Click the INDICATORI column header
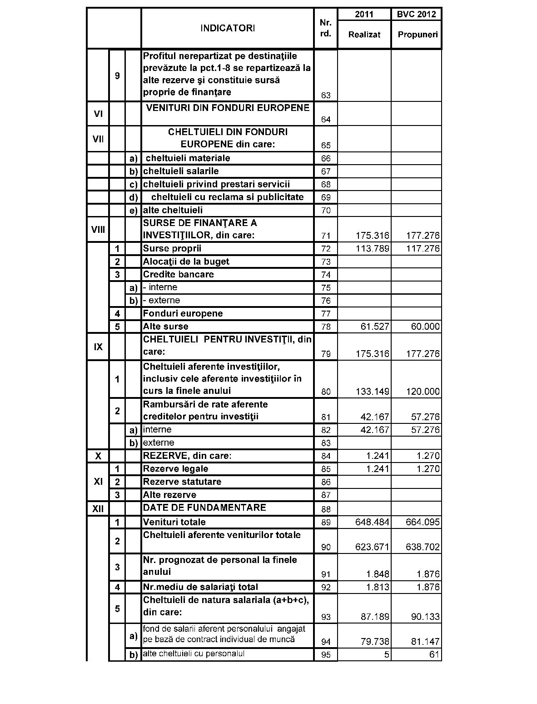coord(228,28)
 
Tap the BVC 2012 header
coord(416,14)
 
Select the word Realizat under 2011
coord(364,35)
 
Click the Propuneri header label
coord(418,35)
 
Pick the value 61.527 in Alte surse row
coord(375,327)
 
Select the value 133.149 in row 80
coord(373,392)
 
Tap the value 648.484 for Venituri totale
coord(372,522)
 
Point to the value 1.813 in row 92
coord(378,587)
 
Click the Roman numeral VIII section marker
coord(98,229)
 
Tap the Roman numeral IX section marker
coord(98,347)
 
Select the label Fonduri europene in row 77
coord(183,313)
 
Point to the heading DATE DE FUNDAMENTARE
coord(204,508)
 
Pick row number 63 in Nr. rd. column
coord(326,96)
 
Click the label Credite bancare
coord(178,274)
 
